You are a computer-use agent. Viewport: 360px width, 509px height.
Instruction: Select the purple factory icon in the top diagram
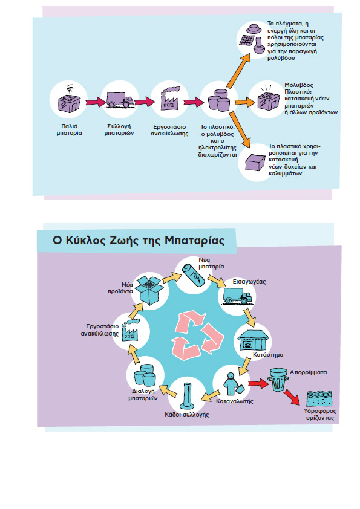pos(169,99)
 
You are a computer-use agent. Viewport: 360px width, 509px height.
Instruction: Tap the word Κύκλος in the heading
pos(82,241)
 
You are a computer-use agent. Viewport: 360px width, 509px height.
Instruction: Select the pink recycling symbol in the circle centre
pos(197,336)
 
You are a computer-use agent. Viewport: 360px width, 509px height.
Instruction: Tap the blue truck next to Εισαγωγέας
pos(237,296)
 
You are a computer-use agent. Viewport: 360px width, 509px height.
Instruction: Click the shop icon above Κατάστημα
pos(253,340)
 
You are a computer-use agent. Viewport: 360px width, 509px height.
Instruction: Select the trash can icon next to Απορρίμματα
pos(277,380)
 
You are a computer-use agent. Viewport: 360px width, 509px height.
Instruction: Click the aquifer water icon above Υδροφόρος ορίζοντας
pos(319,398)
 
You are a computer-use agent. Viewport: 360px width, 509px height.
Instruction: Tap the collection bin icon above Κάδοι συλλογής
pos(187,396)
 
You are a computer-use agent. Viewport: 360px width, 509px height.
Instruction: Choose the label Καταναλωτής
pos(235,401)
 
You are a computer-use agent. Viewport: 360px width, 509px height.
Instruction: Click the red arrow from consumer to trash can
pos(258,384)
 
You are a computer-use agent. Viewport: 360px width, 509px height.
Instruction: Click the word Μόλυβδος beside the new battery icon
pos(299,85)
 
